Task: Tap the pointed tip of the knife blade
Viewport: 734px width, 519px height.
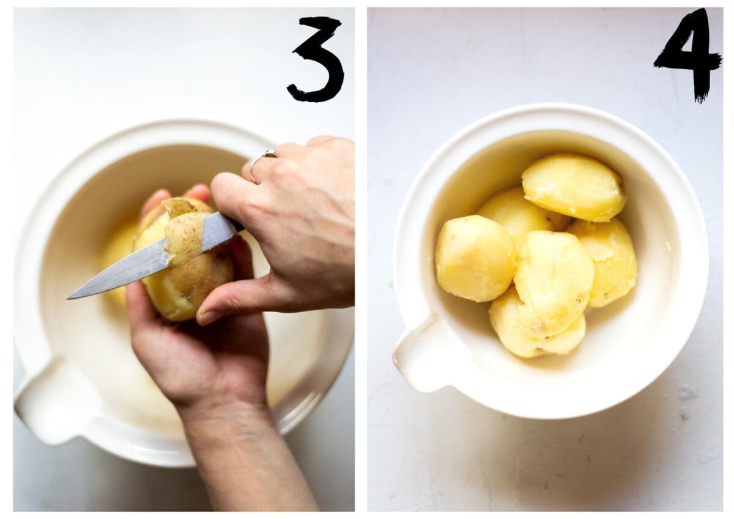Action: pos(69,297)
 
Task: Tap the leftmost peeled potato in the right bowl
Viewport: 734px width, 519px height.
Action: pos(475,258)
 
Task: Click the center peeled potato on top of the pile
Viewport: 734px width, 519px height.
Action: pos(554,283)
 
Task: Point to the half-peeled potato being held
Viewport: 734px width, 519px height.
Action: pos(183,259)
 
